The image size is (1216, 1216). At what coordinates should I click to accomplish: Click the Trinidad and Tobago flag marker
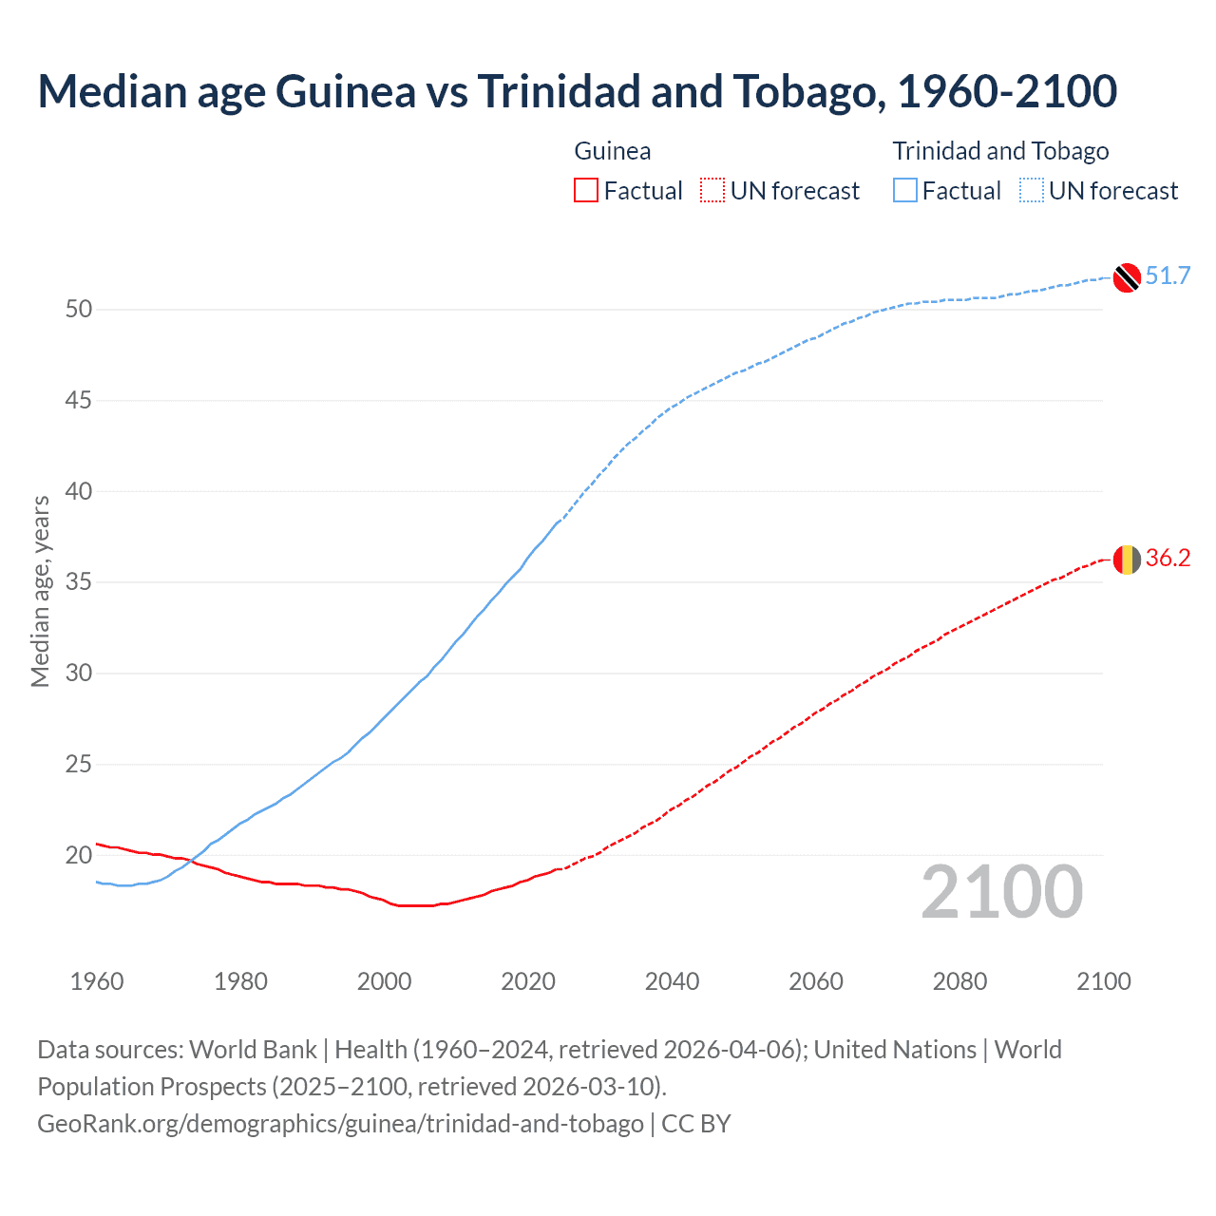1127,276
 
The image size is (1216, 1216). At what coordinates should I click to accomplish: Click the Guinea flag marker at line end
1127,560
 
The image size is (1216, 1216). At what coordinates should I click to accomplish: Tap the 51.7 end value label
1168,276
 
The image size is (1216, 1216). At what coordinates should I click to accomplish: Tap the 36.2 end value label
1168,559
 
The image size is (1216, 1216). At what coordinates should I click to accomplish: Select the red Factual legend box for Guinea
586,191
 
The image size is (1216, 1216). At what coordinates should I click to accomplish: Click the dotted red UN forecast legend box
712,191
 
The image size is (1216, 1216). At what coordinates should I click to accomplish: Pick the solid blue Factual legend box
904,191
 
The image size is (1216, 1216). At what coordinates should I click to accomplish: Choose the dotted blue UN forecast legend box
1031,191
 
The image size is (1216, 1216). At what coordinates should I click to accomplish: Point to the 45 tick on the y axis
79,401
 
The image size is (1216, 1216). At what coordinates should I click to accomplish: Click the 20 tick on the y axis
79,855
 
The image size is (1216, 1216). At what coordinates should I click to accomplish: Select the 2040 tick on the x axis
672,981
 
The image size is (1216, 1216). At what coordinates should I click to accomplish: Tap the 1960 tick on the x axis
97,981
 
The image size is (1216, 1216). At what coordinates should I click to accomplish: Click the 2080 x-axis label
959,981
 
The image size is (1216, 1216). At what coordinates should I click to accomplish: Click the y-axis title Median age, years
40,591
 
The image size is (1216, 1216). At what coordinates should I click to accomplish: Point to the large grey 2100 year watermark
1001,891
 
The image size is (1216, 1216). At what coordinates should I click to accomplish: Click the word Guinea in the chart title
345,91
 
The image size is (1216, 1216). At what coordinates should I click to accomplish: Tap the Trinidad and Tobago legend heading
1000,151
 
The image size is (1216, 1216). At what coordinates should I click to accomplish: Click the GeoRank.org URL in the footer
340,1124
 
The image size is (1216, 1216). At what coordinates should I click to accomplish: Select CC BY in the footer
695,1124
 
